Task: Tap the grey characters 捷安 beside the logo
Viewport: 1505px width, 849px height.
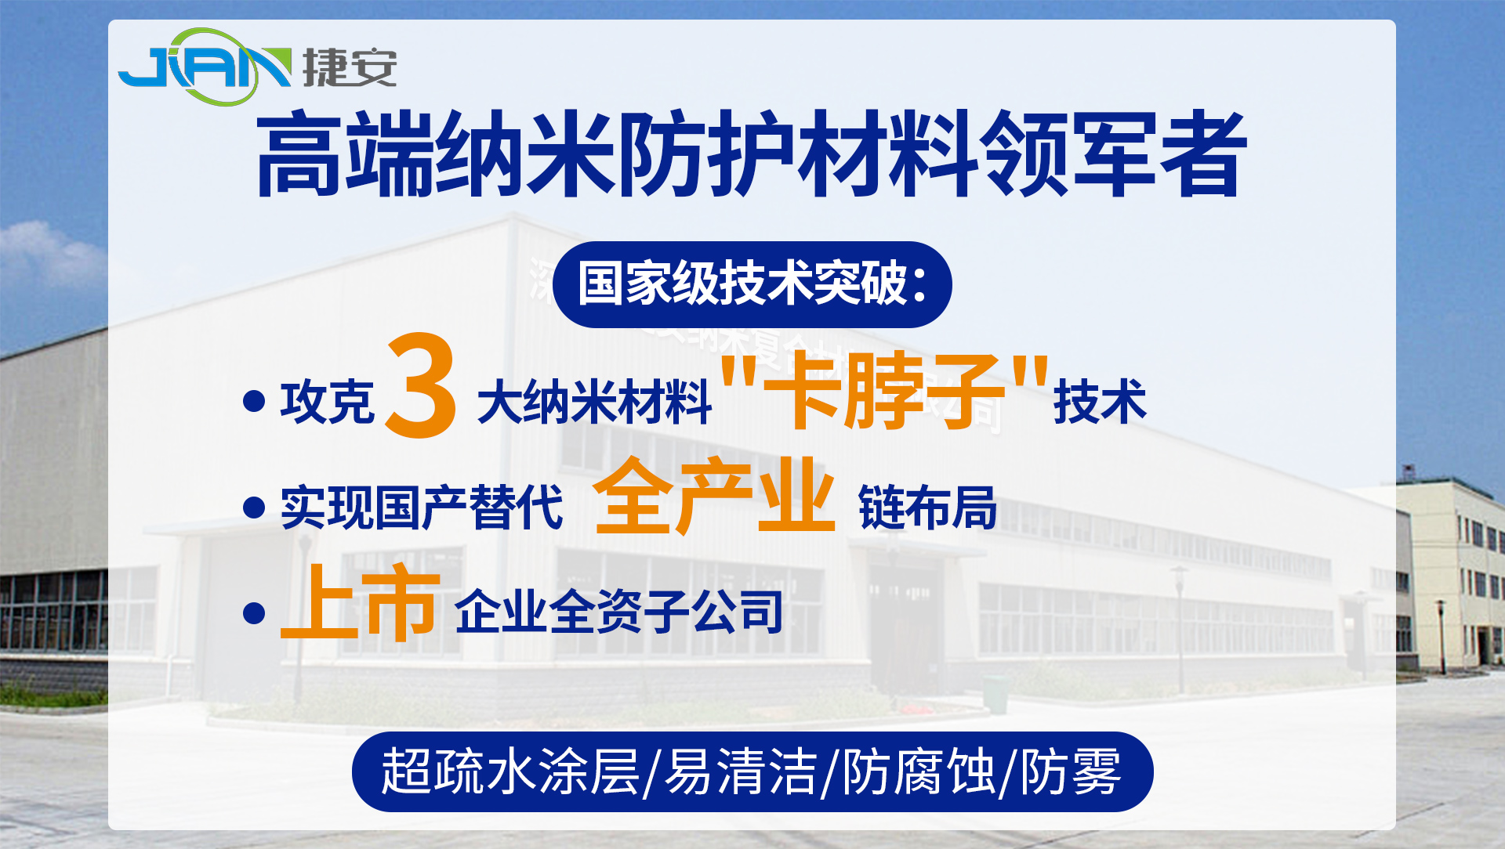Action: coord(350,68)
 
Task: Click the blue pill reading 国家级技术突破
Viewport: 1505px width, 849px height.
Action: coord(752,284)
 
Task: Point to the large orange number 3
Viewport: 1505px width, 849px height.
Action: coord(421,386)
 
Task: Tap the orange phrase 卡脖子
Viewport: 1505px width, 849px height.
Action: coord(884,391)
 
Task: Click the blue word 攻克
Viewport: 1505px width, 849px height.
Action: coord(328,402)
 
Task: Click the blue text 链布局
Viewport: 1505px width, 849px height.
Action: coord(927,508)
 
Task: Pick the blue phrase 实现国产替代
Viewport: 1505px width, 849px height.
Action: coord(422,508)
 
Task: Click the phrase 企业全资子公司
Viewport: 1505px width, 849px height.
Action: coord(619,612)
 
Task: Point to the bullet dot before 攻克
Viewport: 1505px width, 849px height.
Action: coord(254,402)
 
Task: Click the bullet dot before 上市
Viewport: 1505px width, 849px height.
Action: coord(254,612)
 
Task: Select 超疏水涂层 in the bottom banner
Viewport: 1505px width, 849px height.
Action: coord(510,771)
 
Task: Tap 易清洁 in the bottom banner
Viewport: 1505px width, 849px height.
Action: coord(740,771)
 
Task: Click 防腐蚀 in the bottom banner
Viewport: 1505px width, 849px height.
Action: coord(918,771)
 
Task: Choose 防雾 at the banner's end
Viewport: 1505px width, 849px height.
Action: coord(1071,771)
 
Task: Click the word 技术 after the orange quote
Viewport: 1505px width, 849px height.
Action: coord(1100,402)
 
